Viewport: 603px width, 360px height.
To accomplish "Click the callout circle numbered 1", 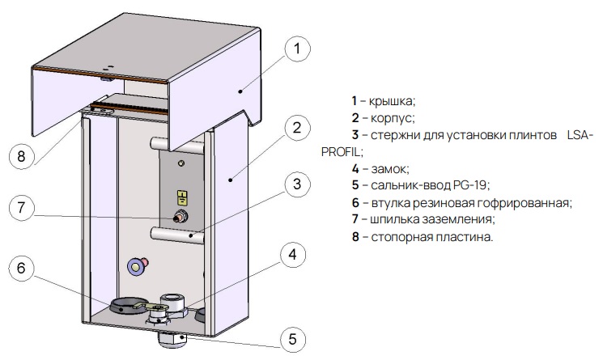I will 296,50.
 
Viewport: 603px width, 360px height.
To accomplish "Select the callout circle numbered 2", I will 296,127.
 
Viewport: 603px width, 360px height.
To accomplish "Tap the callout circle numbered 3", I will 296,184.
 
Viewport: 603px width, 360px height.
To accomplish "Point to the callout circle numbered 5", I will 296,339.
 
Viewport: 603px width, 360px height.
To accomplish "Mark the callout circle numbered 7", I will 23,207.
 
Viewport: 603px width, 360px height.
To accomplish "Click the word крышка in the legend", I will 392,101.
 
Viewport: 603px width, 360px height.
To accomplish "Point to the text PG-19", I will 473,185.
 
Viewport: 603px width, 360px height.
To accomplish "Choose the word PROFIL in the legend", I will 341,151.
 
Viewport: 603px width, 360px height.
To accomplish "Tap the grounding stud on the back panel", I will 182,217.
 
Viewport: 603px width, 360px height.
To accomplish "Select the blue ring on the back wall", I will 134,265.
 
